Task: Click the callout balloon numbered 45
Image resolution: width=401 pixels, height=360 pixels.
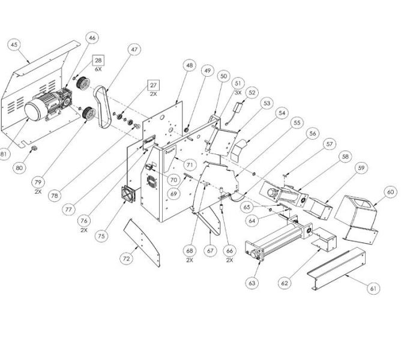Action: point(14,44)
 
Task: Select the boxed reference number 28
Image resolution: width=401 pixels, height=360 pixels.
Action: point(98,61)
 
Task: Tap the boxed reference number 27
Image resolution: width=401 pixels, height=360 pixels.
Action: point(154,85)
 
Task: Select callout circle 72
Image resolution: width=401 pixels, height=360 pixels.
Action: point(126,259)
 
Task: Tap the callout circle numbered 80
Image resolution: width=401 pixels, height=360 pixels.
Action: point(19,168)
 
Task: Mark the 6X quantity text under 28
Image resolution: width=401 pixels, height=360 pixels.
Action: point(98,70)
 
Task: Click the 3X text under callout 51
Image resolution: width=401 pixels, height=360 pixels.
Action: point(238,92)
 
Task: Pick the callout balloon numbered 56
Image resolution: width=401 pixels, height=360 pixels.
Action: point(313,134)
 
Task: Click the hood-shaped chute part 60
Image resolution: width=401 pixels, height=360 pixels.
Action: point(357,217)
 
